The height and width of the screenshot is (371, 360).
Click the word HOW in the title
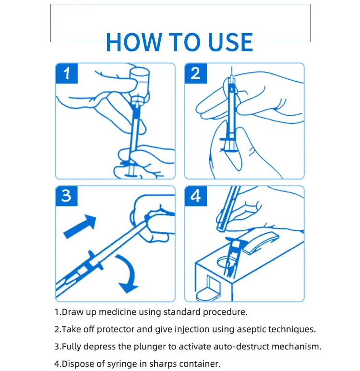point(134,42)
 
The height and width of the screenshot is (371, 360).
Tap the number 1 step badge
point(67,73)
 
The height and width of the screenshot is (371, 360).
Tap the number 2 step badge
point(196,73)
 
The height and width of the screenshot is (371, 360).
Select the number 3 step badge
point(67,196)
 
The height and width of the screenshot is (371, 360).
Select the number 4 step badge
point(196,196)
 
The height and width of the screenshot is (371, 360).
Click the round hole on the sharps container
point(227,262)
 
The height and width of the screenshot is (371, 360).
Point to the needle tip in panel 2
point(232,67)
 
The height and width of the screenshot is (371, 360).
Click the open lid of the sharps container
point(260,242)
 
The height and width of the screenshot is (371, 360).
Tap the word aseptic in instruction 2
point(252,329)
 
